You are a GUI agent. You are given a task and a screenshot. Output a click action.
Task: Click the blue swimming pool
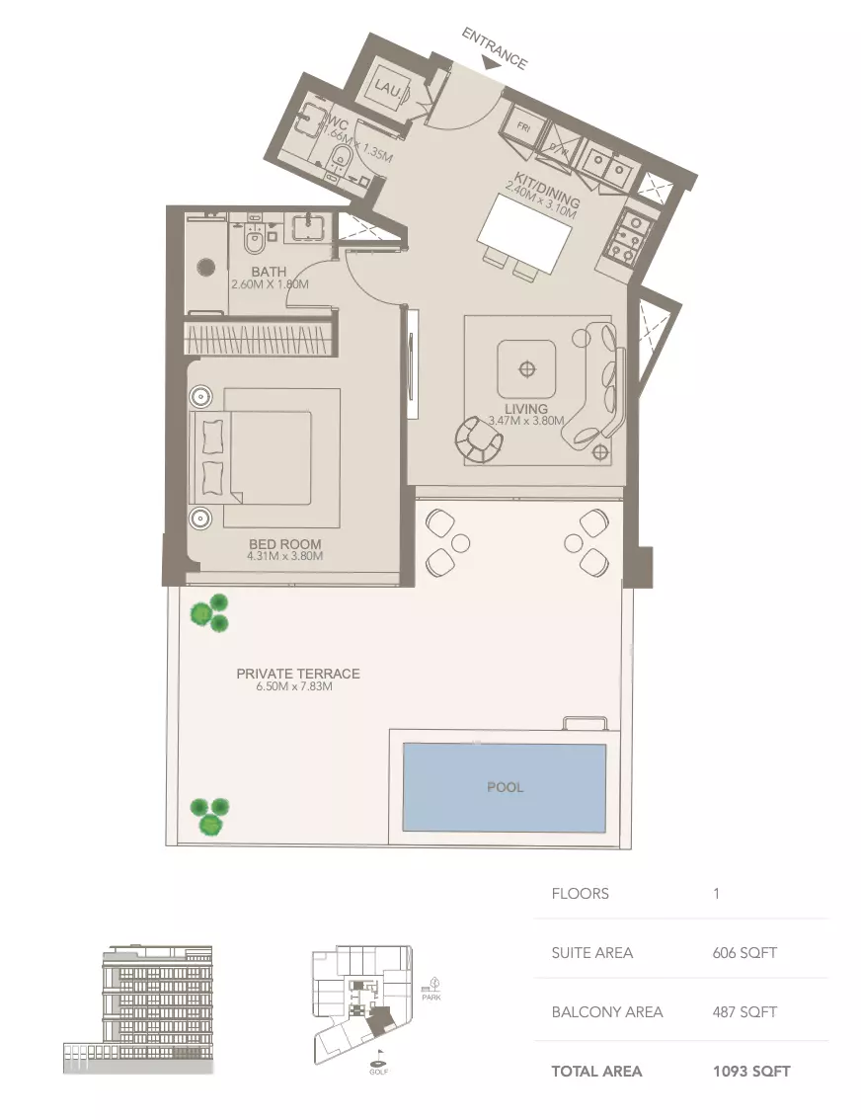click(504, 787)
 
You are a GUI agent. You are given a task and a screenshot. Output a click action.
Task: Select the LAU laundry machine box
click(386, 89)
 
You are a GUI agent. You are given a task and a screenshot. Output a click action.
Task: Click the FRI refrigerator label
click(520, 127)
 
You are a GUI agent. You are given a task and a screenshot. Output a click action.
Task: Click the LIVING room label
click(527, 408)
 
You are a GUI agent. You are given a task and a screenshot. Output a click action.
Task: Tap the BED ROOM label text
click(285, 544)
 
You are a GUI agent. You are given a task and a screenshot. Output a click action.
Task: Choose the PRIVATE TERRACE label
click(298, 674)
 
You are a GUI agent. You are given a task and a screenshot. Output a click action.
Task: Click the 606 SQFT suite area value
click(744, 953)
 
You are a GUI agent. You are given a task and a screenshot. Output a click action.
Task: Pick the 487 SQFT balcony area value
click(744, 1012)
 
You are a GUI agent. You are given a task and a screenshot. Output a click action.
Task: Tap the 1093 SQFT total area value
click(751, 1071)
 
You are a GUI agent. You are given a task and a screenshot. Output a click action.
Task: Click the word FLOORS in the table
click(581, 894)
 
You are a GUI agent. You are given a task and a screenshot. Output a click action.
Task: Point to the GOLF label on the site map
click(379, 1072)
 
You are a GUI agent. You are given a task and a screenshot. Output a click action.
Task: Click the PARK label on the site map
click(430, 998)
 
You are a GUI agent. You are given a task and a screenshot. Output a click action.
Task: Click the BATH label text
click(269, 272)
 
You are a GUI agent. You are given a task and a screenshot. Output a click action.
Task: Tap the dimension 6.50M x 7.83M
click(293, 686)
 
